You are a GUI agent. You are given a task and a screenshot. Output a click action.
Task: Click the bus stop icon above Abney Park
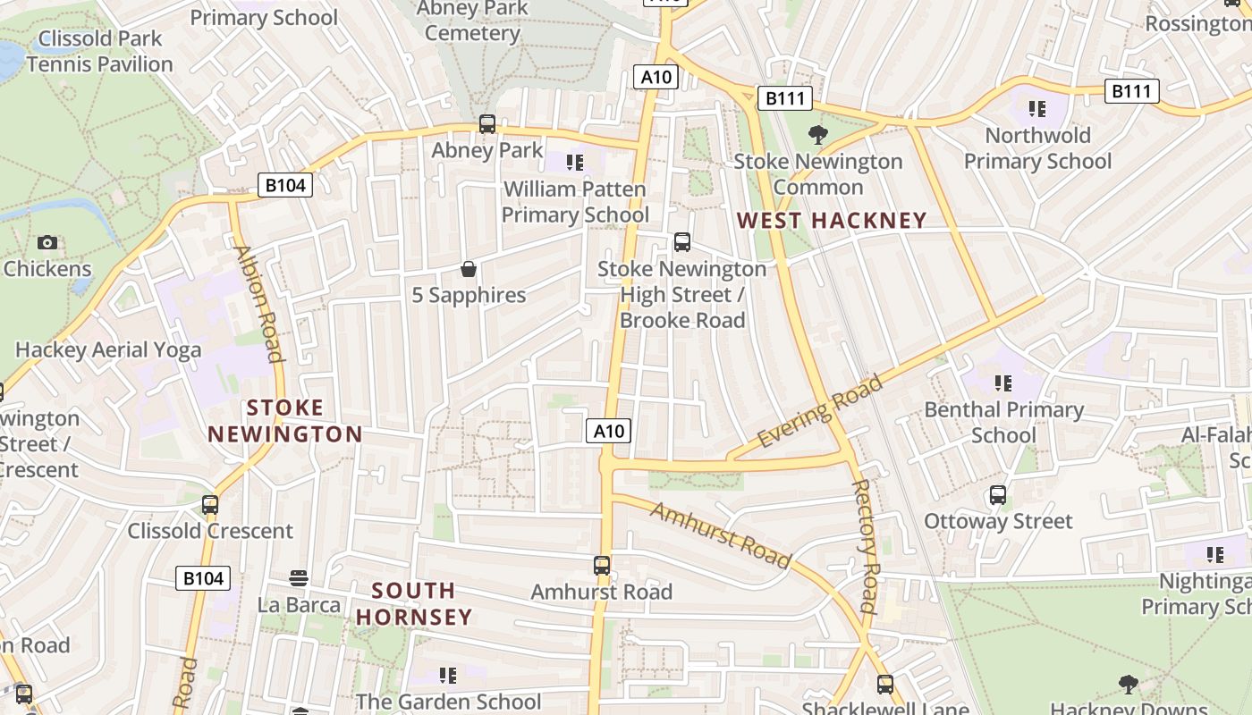point(487,124)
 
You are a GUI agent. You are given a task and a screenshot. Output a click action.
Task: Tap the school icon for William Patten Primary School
point(575,163)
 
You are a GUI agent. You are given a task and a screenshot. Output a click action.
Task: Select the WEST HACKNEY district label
point(831,221)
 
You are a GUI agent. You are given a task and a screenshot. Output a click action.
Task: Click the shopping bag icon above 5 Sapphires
point(468,269)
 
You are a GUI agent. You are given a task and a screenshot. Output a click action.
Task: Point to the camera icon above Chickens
point(47,242)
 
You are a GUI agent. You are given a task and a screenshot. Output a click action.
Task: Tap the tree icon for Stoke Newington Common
point(817,135)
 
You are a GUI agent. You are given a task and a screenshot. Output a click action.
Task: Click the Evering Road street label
point(819,411)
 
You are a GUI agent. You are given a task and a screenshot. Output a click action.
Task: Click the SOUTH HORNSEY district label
point(413,603)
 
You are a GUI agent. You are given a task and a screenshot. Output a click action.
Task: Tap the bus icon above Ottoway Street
point(998,495)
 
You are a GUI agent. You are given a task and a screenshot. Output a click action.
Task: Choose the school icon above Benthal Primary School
point(1003,383)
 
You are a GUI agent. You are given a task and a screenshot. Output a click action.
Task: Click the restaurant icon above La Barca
point(299,578)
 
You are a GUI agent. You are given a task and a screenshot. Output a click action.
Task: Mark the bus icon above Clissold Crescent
point(210,505)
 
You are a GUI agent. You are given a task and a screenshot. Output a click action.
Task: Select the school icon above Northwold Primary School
point(1037,109)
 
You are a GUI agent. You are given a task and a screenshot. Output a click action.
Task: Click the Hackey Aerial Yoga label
point(108,349)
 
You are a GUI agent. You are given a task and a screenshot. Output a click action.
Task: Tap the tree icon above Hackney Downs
point(1128,685)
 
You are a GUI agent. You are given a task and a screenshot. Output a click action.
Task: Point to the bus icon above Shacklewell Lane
point(885,685)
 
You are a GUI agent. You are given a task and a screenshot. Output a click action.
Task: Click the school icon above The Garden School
point(448,675)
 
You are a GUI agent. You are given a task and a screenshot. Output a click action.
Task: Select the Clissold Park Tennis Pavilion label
point(99,51)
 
